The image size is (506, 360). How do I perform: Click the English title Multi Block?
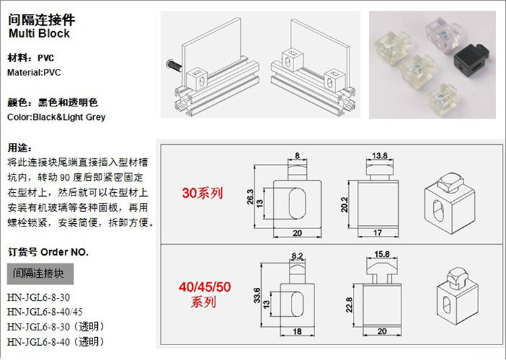coord(39,33)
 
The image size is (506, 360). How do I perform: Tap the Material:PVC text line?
coord(34,71)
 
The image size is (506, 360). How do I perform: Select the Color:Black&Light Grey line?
coord(56,117)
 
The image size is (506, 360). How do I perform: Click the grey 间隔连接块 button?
coord(40,274)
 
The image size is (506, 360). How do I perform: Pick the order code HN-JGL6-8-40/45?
coord(45,311)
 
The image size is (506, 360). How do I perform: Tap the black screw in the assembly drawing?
coord(172,66)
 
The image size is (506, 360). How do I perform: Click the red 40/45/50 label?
coord(204,287)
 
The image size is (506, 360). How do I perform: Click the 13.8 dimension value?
coord(380,156)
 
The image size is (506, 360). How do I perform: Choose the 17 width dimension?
coord(378,233)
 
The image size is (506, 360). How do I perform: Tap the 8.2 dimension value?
coord(298,256)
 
